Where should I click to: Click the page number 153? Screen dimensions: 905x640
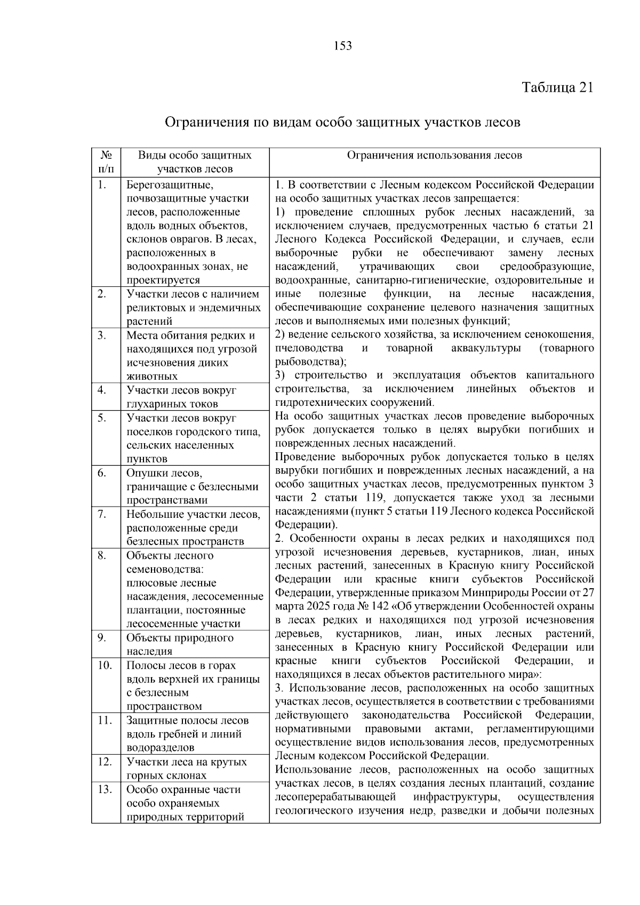point(343,46)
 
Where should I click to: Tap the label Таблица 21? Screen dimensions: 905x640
point(557,87)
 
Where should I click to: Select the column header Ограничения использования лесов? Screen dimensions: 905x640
point(434,156)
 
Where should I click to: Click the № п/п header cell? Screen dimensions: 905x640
point(106,162)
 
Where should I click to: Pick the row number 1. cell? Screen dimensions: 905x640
point(103,185)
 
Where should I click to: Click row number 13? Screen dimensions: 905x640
point(105,789)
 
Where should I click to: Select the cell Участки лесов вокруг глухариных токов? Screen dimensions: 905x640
point(181,397)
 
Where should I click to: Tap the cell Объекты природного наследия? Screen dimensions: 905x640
point(180,644)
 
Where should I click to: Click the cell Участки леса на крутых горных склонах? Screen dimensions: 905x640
point(186,768)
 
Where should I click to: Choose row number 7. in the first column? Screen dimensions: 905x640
point(103,514)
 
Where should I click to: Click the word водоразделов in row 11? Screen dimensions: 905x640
point(160,748)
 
